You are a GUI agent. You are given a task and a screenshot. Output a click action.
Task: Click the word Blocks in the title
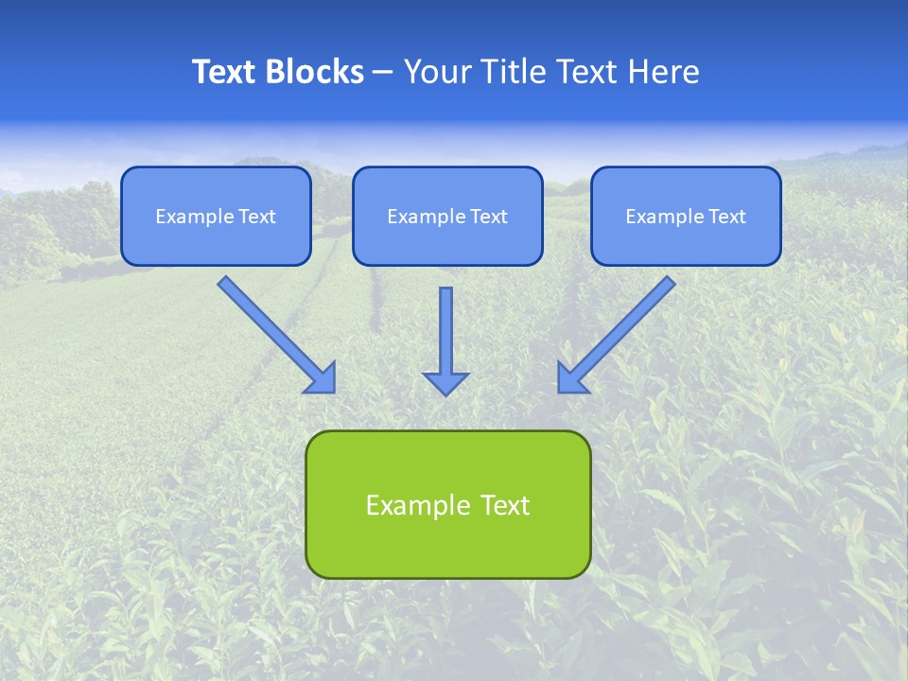pos(316,72)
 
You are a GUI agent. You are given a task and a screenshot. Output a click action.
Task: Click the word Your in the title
pos(436,72)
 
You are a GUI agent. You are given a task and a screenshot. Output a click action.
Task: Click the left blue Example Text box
pos(216,217)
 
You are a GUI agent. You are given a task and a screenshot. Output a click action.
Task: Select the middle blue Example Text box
pos(447,217)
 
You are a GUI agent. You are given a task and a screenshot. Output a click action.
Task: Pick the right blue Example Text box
pos(686,217)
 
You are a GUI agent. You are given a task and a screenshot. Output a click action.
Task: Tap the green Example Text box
pos(447,504)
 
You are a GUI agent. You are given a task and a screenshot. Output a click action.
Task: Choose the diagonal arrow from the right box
pos(620,331)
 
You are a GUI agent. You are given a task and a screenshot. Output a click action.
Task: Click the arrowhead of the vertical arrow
pos(445,382)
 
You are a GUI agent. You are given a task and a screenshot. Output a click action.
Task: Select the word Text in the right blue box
pos(727,217)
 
